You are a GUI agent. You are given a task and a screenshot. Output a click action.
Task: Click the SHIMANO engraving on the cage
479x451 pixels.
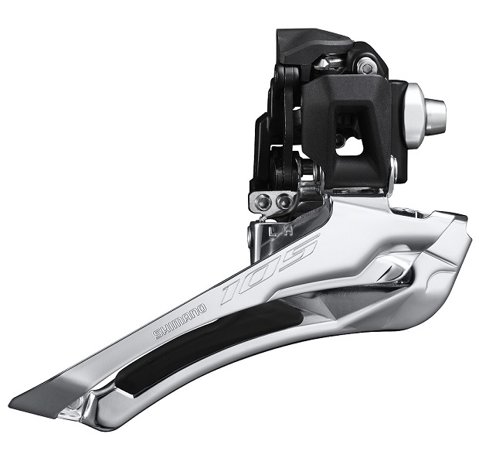point(180,321)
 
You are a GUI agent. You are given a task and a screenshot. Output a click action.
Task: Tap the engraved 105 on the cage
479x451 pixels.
point(269,269)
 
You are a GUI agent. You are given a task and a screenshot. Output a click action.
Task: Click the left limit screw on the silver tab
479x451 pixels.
point(263,201)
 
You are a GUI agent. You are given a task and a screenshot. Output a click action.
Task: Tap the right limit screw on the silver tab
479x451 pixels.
point(284,201)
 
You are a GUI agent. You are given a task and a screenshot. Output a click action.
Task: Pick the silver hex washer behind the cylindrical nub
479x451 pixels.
point(414,115)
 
